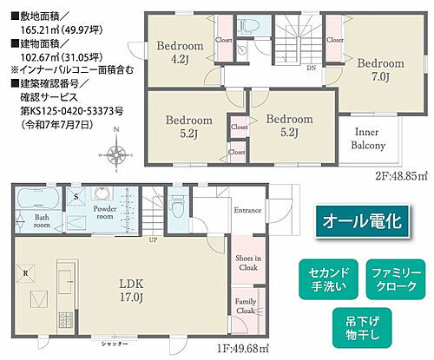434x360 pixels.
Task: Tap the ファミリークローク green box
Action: pos(395,278)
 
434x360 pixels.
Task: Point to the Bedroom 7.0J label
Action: pos(381,70)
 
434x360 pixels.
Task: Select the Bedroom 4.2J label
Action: pos(179,52)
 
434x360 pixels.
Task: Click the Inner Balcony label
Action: pos(369,139)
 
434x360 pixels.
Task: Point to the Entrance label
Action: pos(248,210)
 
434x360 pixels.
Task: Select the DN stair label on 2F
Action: pos(311,66)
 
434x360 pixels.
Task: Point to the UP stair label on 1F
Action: pos(154,240)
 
